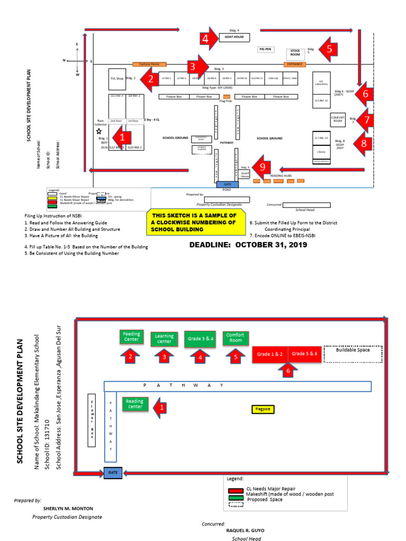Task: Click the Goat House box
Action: [234, 37]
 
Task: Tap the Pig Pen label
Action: [265, 49]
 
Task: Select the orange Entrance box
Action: [294, 64]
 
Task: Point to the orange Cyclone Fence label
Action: [149, 64]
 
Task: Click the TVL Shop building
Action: [116, 79]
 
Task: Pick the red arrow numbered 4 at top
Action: [208, 38]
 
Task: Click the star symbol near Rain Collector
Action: [98, 131]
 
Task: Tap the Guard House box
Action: [245, 174]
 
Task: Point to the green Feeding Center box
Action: [132, 337]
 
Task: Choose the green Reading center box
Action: [135, 404]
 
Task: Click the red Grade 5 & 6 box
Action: [304, 354]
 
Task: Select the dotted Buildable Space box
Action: [354, 354]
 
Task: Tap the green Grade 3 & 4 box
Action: [200, 339]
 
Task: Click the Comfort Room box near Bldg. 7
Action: [338, 119]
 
